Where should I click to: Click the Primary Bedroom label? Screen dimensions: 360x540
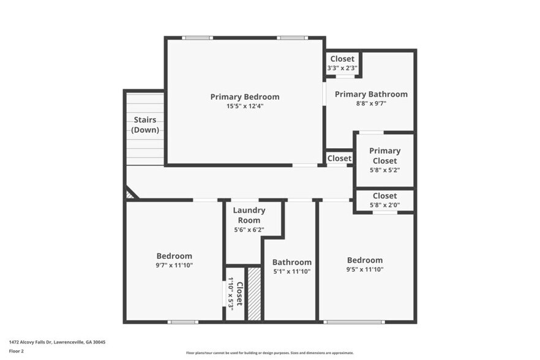tap(245, 97)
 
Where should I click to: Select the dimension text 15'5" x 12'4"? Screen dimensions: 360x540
tap(245, 106)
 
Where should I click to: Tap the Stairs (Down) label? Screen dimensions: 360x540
tap(145, 125)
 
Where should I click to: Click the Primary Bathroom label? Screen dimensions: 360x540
tap(371, 94)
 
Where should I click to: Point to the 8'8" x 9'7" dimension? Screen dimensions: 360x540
tap(371, 103)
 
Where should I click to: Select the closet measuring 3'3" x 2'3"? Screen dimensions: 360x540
tap(342, 64)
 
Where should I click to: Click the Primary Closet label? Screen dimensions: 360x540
tap(385, 156)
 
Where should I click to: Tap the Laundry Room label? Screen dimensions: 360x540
tap(249, 215)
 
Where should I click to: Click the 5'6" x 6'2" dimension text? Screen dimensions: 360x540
tap(249, 230)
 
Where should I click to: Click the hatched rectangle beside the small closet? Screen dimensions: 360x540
tap(254, 293)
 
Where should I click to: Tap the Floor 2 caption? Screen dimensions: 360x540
tap(16, 351)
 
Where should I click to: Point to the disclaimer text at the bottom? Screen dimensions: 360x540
tap(269, 353)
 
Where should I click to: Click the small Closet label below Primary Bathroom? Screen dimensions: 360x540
tap(339, 158)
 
